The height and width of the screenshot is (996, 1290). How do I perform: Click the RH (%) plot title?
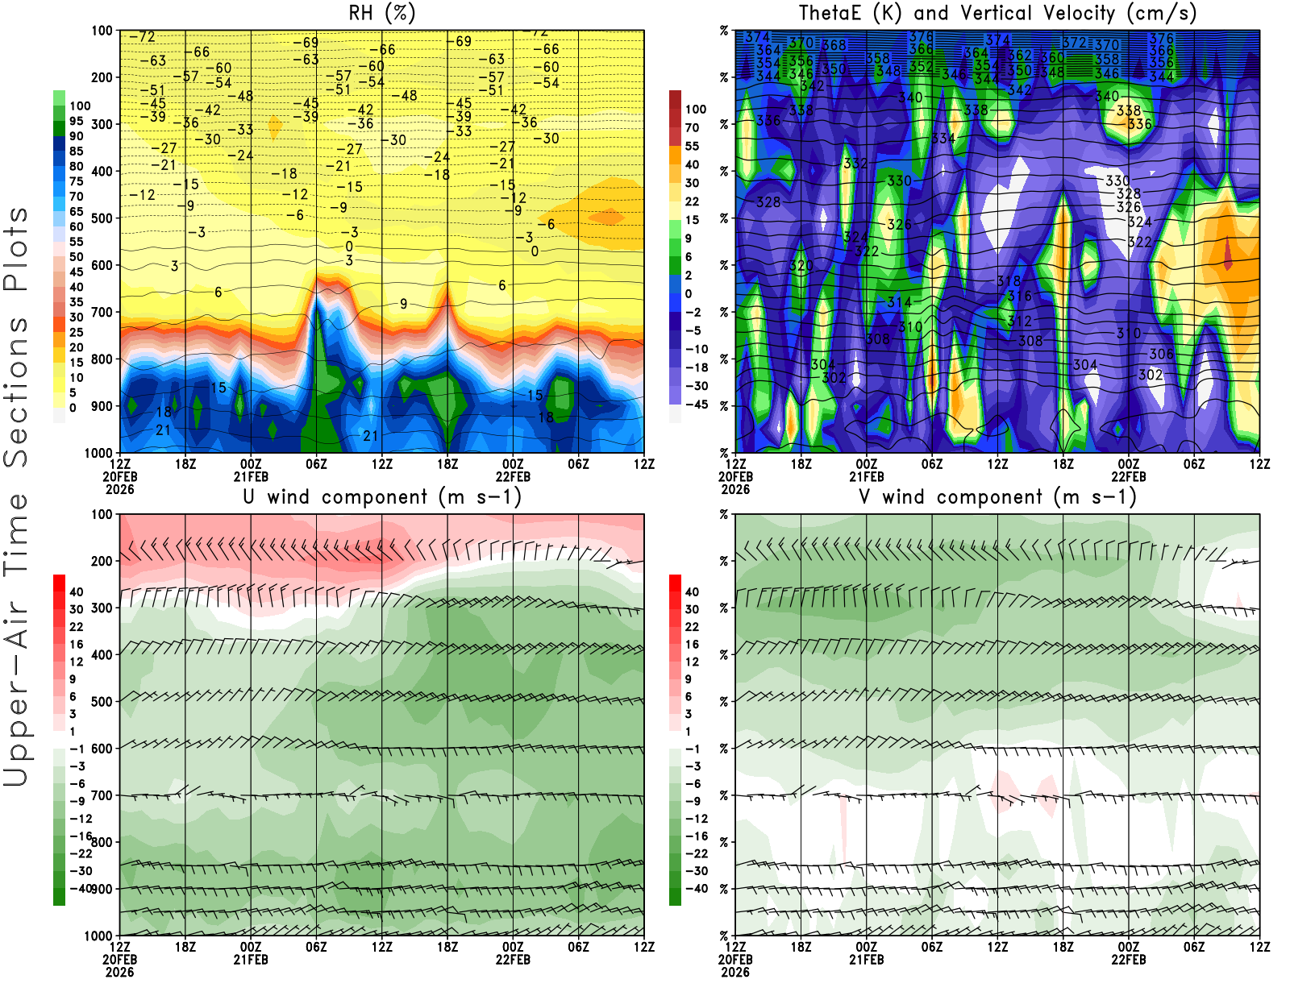tap(381, 13)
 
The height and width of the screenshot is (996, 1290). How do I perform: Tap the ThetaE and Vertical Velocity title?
tap(997, 13)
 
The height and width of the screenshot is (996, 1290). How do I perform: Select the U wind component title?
tap(381, 496)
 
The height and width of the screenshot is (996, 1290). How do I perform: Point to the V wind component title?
tap(997, 496)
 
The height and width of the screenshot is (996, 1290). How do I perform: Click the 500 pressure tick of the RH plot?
tap(102, 218)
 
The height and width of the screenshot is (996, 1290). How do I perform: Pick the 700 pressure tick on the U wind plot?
tap(102, 795)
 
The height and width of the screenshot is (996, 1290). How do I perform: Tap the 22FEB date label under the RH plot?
tap(513, 476)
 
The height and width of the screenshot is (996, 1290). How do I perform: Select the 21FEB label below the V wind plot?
tap(866, 960)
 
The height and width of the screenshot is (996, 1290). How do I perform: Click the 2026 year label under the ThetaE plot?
tap(734, 489)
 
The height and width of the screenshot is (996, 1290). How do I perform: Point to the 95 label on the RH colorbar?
tap(76, 121)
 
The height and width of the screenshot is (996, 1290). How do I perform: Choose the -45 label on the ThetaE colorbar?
tap(697, 405)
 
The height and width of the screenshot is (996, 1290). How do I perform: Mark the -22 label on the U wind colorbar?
tap(81, 853)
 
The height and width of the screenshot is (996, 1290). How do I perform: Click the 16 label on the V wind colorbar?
tap(692, 644)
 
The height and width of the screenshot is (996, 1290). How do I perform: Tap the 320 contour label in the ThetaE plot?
tap(801, 265)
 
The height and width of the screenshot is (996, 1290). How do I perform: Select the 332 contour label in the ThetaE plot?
tap(855, 164)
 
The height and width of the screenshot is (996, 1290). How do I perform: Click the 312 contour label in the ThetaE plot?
tap(1019, 321)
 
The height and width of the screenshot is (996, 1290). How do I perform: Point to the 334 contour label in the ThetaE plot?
tap(943, 139)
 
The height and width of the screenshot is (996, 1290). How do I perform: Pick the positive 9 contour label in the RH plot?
tap(403, 304)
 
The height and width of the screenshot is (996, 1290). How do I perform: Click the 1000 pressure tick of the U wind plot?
tap(98, 936)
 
